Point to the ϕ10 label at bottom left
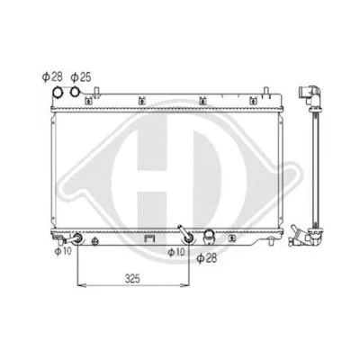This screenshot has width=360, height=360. coord(62,251)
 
